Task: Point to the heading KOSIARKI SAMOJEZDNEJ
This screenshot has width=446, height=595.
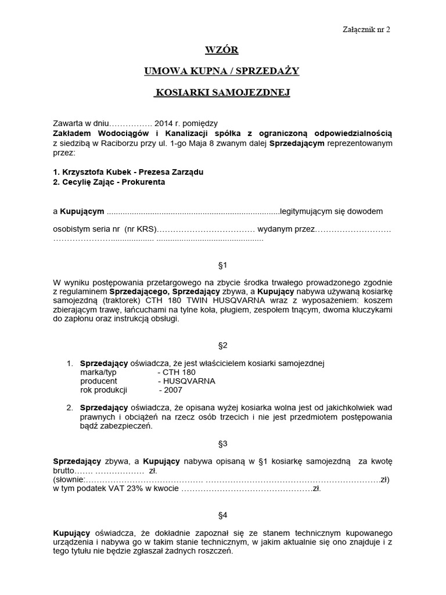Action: click(x=222, y=92)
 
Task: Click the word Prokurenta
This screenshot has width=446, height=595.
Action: click(x=144, y=182)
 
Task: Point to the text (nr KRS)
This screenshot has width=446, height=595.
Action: click(x=141, y=230)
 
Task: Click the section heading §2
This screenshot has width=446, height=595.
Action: click(x=222, y=345)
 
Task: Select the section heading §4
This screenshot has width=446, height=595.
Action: click(x=222, y=515)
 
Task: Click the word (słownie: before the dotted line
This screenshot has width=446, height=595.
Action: click(x=69, y=480)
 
